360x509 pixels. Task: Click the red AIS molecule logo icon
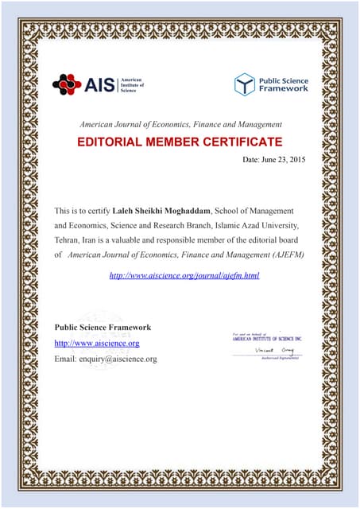coord(67,84)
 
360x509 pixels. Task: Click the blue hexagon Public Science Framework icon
coord(245,84)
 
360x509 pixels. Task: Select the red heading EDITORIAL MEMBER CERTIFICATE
coord(179,142)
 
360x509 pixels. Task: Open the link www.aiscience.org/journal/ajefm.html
coord(184,275)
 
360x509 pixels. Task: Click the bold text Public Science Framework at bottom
coord(103,328)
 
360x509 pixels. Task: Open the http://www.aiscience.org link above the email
coord(96,343)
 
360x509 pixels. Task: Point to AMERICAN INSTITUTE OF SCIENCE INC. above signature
coord(267,339)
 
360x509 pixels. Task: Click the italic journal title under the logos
coord(180,125)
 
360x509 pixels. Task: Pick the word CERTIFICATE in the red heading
coord(242,142)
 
